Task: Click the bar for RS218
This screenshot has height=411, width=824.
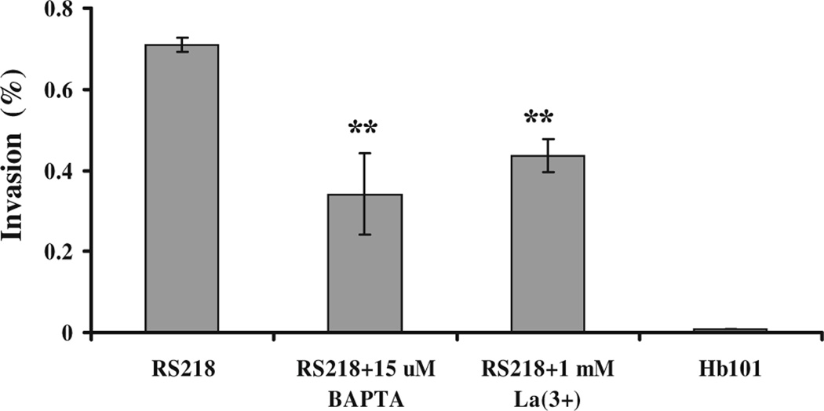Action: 182,188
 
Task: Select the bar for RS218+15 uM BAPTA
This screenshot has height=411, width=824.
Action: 365,263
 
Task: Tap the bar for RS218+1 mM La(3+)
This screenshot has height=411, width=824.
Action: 547,244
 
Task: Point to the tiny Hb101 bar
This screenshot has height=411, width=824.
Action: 730,330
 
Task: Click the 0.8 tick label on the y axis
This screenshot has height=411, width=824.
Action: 60,9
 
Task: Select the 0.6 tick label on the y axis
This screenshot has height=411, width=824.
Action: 60,90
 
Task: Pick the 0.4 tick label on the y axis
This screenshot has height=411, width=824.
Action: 60,171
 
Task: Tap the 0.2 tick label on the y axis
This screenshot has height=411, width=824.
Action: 60,252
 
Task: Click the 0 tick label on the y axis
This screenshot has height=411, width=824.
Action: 69,333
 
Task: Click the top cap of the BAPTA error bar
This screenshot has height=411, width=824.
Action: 365,153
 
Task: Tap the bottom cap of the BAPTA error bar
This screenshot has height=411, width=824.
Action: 365,235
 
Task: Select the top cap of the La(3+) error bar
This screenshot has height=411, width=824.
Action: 547,139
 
